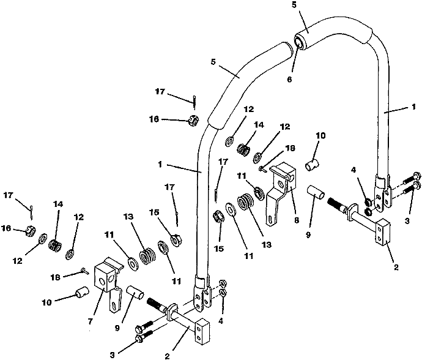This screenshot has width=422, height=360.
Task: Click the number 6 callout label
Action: [x=289, y=79]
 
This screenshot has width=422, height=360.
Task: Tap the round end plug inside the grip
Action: [x=299, y=42]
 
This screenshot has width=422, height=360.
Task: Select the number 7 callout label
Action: [x=90, y=321]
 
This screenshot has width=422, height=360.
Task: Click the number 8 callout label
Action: [x=296, y=220]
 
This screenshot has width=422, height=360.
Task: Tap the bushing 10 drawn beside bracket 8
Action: [x=312, y=164]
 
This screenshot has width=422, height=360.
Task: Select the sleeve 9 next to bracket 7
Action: [x=135, y=293]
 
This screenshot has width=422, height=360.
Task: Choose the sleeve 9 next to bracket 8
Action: [x=316, y=192]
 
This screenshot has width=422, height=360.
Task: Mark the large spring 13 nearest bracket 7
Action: [x=147, y=257]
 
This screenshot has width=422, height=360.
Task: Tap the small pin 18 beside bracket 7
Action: [x=85, y=271]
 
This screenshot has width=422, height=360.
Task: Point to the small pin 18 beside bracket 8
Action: [x=262, y=169]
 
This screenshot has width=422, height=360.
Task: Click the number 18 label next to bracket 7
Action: [x=56, y=277]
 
